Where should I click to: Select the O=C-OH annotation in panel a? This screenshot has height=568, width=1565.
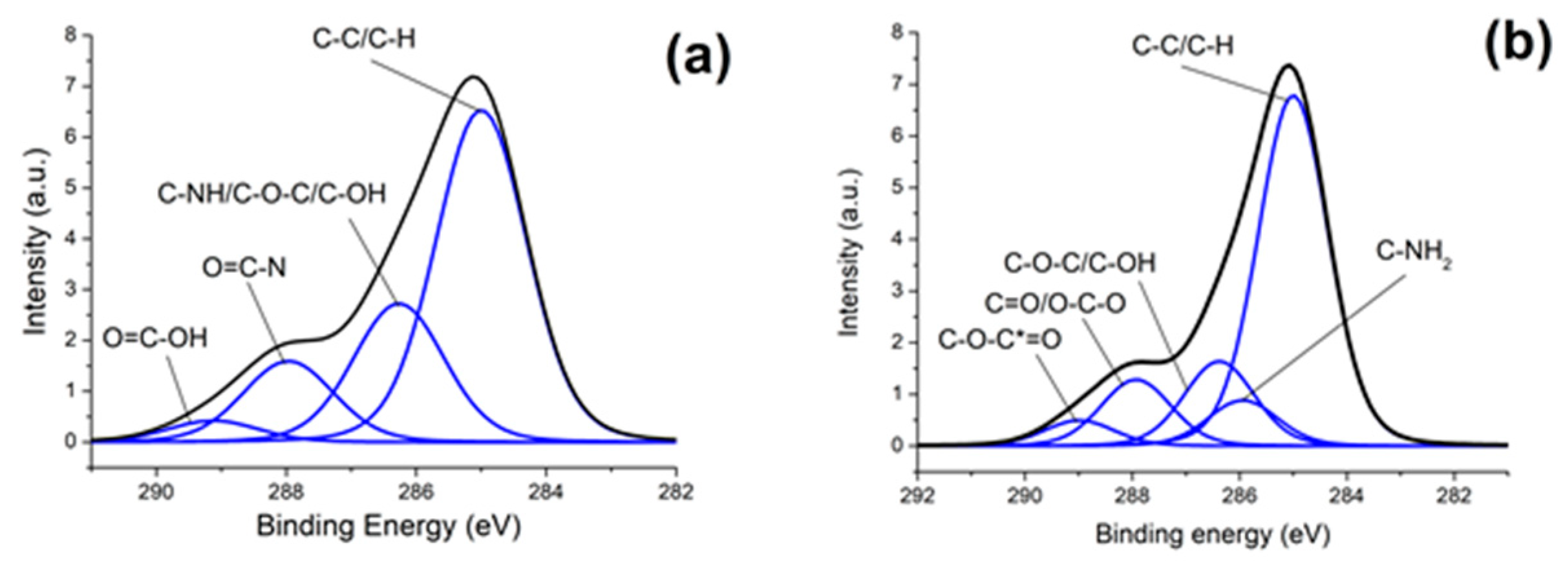coord(155,338)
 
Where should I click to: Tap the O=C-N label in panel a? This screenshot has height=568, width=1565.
coord(245,268)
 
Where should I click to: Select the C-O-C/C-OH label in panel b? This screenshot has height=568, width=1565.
coord(1080,263)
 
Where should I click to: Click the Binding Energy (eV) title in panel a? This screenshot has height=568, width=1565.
coord(389,527)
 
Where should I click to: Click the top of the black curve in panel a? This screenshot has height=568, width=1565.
coord(474,77)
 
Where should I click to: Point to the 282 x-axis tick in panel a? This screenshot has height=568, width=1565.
coord(676,491)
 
